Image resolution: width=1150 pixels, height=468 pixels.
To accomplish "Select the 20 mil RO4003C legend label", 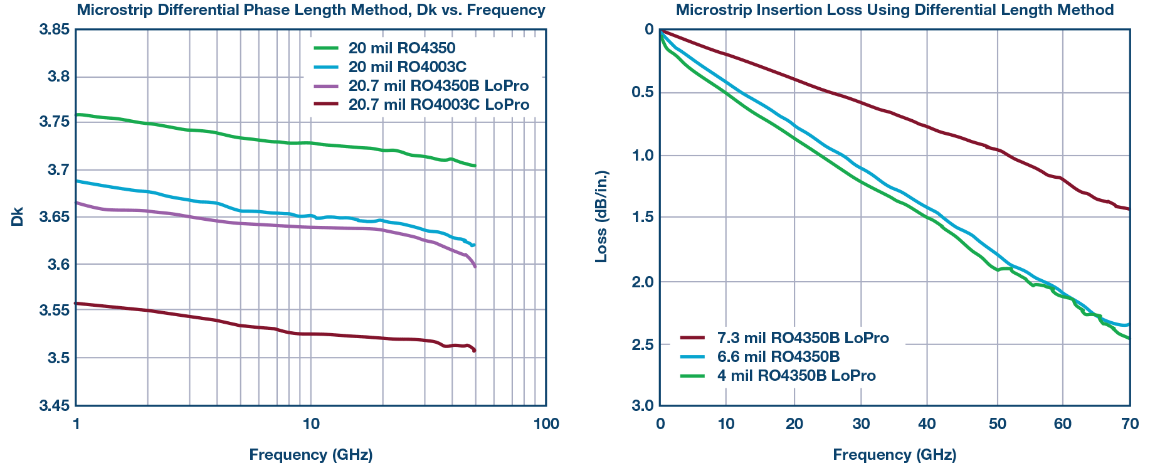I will point(408,67).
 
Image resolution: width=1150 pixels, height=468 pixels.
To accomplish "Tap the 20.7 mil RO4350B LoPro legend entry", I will point(438,86).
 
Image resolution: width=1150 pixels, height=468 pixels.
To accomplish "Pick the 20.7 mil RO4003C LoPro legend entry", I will point(439,105).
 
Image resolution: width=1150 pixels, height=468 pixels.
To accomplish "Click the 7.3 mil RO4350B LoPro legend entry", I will point(803,338).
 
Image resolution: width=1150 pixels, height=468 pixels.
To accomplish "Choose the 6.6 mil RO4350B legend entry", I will point(787,357).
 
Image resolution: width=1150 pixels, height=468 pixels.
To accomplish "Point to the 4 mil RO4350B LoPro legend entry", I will point(796,376).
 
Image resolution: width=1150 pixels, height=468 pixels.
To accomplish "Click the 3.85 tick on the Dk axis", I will point(54,29).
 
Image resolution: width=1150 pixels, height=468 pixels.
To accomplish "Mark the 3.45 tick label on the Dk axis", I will point(54,406).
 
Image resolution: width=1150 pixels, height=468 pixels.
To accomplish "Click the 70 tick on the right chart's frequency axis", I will point(1129,424).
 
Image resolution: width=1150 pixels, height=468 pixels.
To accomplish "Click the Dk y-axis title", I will point(18,216).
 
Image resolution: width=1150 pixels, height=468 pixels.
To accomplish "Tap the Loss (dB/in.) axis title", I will point(601,216).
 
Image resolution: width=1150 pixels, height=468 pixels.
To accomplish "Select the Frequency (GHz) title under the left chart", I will point(311,455).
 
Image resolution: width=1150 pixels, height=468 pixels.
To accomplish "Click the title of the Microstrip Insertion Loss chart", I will point(895,10).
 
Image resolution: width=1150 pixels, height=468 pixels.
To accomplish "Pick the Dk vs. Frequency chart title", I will point(311,10).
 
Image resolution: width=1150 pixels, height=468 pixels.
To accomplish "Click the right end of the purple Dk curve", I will point(475,267).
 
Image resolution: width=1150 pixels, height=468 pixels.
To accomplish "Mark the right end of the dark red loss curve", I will point(1129,209).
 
